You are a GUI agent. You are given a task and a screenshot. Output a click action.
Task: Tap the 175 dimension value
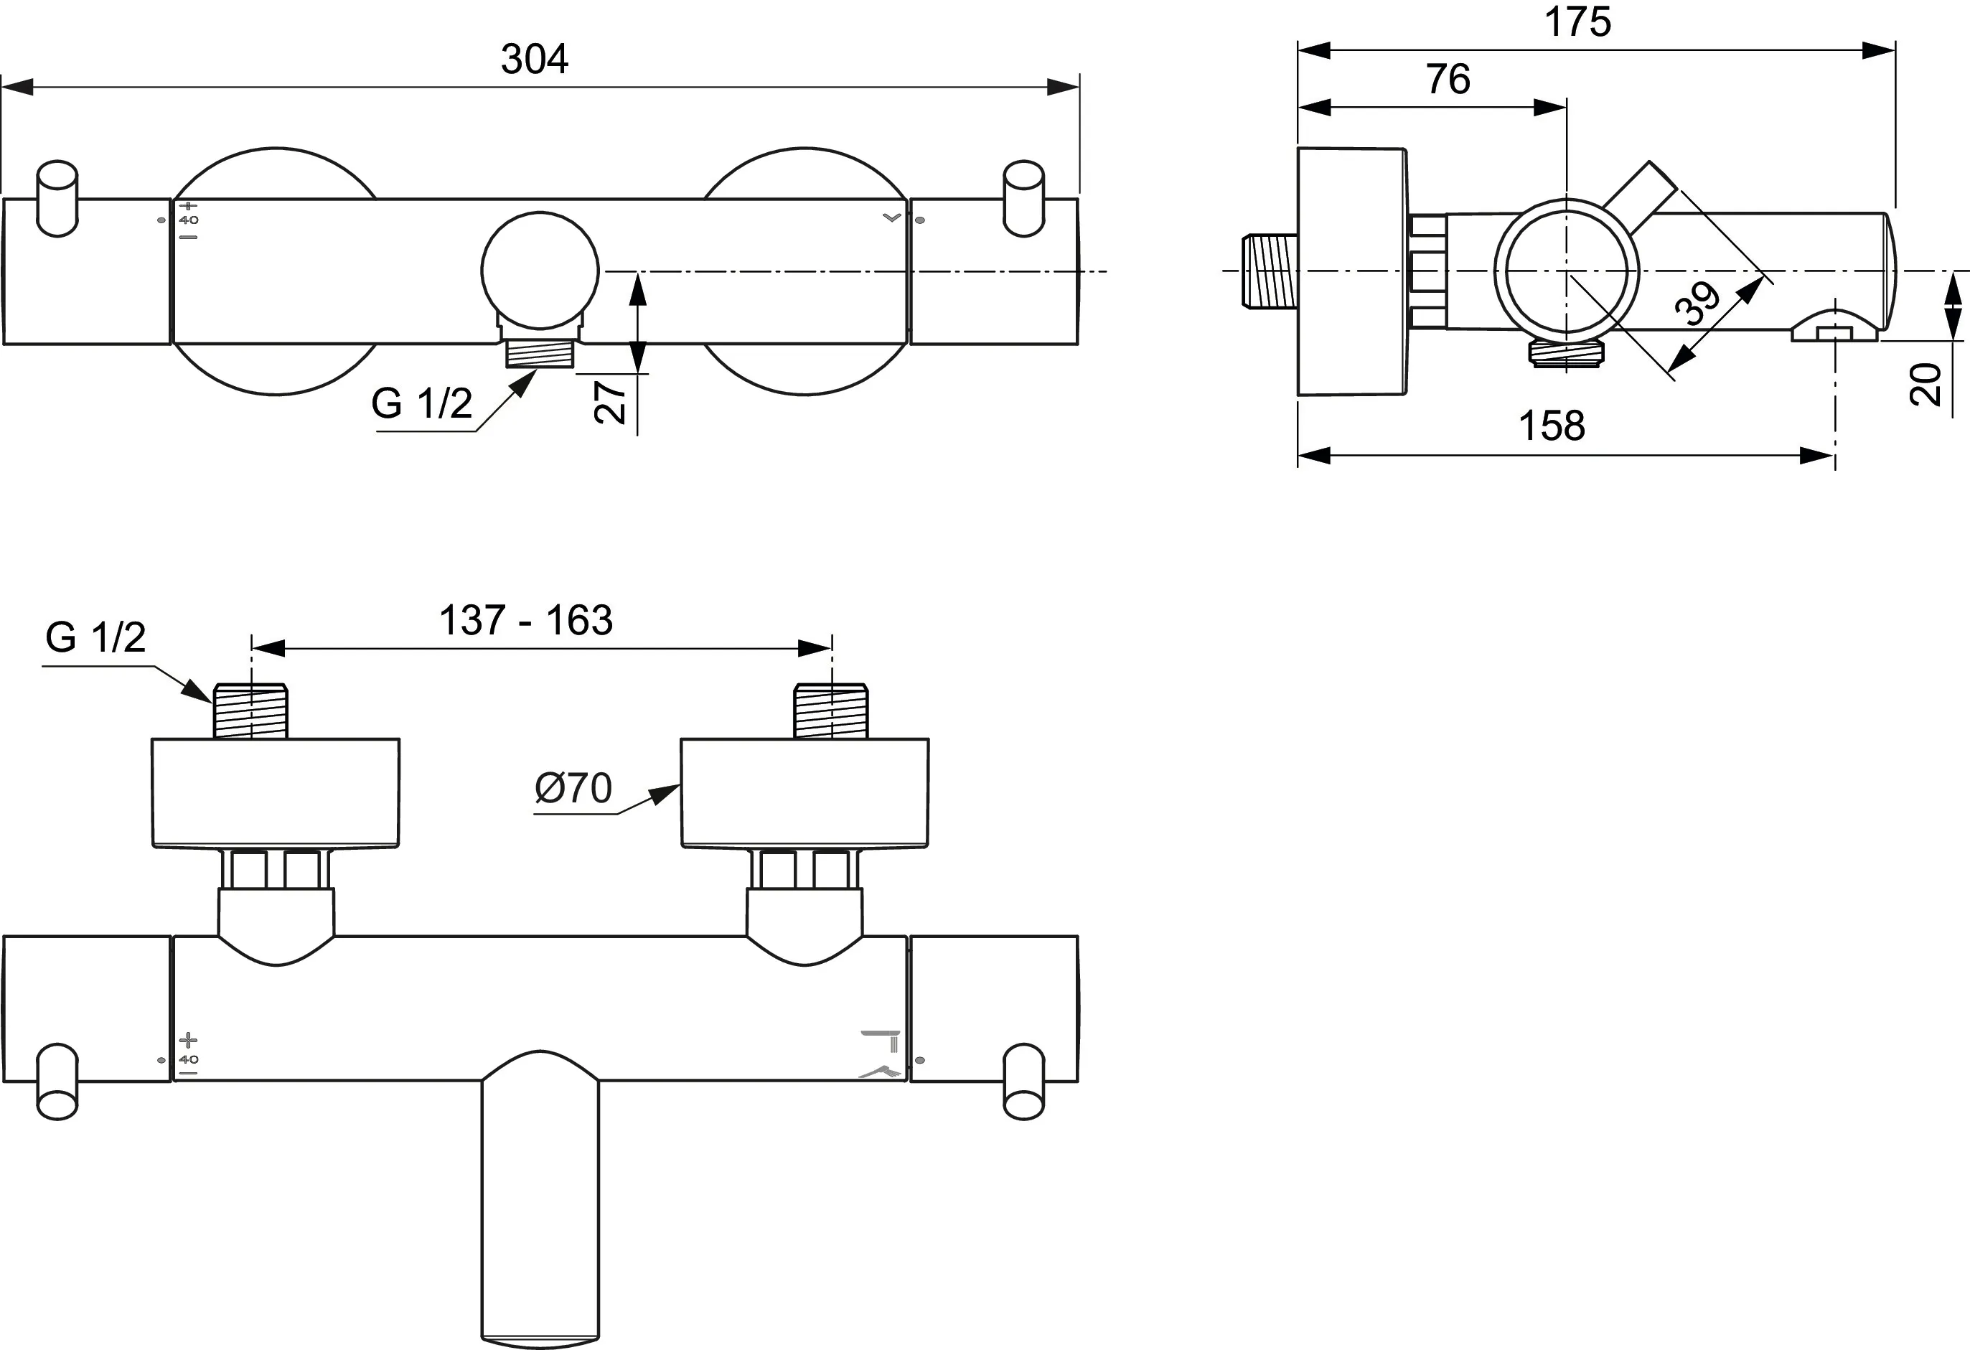[1577, 22]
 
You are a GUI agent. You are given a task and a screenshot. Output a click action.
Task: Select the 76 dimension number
[1447, 80]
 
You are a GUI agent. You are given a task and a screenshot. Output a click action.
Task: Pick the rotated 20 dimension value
[1926, 384]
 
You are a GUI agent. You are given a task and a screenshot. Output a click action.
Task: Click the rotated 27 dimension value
[610, 402]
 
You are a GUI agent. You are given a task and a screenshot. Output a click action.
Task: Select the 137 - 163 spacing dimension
[525, 620]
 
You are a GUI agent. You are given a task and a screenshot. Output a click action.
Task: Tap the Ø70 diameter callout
[573, 788]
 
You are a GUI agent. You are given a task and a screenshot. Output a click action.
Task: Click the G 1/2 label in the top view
[421, 403]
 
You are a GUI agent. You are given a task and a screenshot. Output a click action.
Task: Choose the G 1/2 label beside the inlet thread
[95, 637]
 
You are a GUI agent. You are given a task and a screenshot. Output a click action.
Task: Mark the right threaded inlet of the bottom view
[831, 711]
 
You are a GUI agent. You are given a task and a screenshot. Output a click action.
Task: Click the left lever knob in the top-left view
[57, 198]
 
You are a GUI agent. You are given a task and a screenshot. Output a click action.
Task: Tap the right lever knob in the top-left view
[1023, 198]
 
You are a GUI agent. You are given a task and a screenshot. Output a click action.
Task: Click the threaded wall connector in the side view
[1269, 271]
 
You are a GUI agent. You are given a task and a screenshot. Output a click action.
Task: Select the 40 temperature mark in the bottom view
[188, 1059]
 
